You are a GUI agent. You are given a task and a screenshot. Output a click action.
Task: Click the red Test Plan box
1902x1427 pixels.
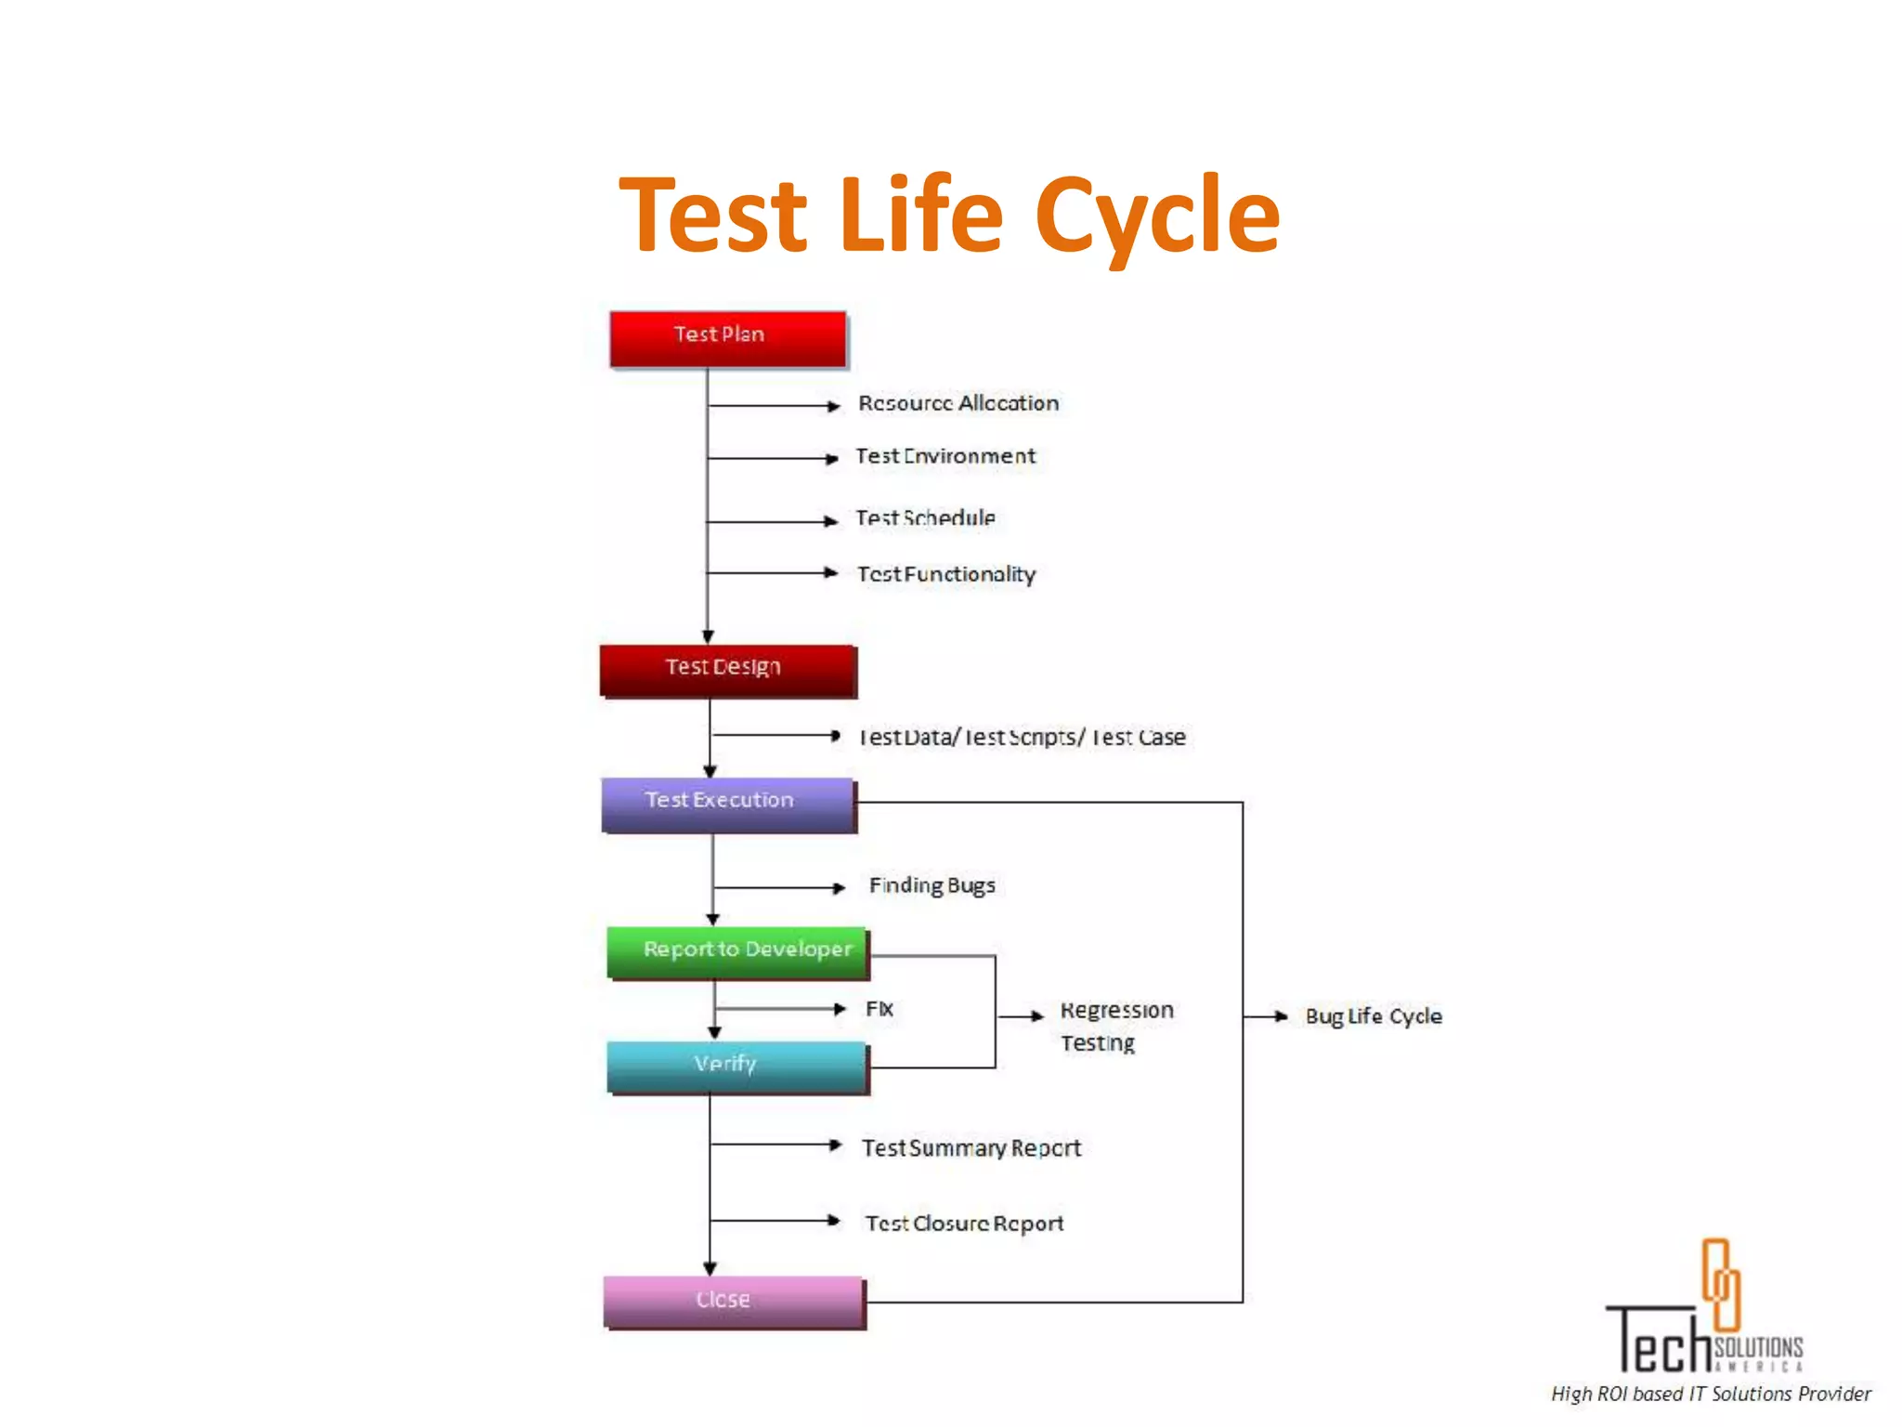tap(727, 338)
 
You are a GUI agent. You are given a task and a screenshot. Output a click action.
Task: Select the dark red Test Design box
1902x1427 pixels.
tap(727, 670)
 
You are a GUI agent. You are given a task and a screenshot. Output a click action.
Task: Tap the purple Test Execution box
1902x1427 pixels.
tap(727, 804)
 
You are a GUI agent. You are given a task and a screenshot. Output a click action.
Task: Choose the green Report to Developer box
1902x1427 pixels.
tap(737, 952)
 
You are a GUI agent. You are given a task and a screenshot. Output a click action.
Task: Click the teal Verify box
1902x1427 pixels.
tap(737, 1066)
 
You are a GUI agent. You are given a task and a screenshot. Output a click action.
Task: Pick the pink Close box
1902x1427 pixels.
tap(733, 1301)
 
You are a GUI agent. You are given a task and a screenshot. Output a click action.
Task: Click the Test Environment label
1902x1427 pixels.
tap(945, 456)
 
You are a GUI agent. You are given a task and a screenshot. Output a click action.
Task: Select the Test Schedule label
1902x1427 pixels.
tap(925, 518)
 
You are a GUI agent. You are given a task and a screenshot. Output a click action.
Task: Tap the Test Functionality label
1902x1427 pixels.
tap(946, 574)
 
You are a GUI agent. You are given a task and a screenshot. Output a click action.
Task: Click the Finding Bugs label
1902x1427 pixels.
tap(931, 885)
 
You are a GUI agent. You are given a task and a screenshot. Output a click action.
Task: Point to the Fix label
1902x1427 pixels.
tap(879, 1009)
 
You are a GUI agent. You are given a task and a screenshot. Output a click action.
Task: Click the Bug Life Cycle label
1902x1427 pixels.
tap(1374, 1016)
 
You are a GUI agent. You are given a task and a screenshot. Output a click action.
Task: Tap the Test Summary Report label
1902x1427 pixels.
tap(971, 1148)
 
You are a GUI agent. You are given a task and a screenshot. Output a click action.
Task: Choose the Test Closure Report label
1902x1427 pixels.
tap(964, 1224)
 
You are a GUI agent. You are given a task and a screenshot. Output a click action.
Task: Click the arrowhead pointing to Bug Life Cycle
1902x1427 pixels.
tap(1281, 1016)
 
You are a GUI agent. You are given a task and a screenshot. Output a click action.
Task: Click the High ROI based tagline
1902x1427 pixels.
tap(1711, 1394)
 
